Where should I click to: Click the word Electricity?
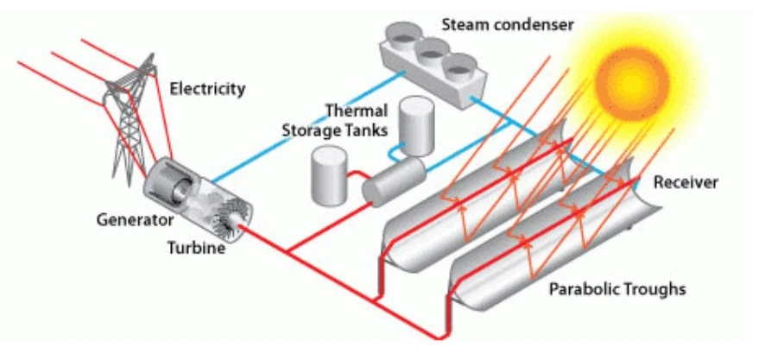[x=207, y=88]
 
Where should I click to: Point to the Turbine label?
[x=197, y=249]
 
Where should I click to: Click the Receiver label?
[x=686, y=183]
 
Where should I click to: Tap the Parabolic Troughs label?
[x=617, y=288]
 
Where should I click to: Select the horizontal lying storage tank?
[x=394, y=180]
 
